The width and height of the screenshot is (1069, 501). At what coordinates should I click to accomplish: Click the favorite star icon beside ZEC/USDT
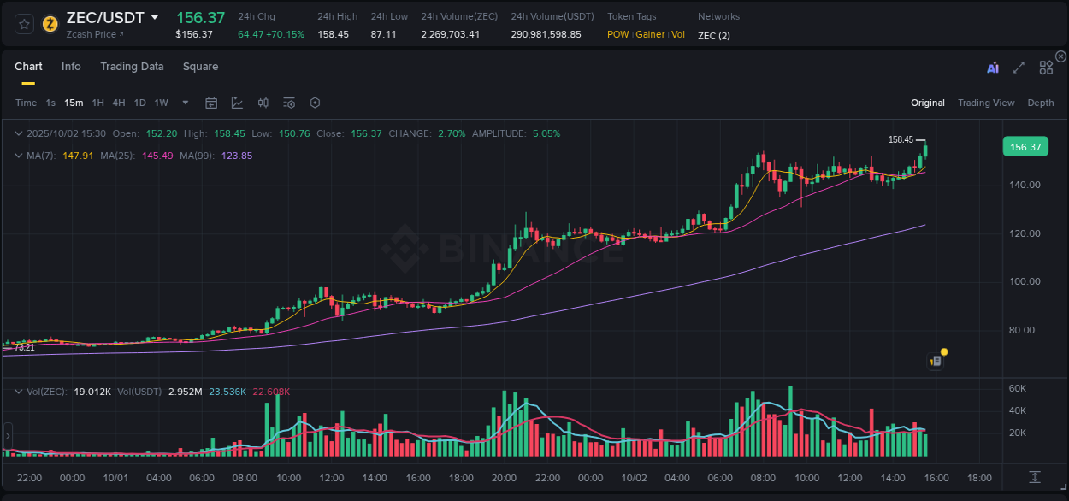tap(24, 24)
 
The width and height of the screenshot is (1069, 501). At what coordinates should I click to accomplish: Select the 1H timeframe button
tap(98, 103)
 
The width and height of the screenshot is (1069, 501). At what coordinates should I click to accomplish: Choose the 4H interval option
tap(119, 103)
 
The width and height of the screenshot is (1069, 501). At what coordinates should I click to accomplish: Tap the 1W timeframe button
tap(161, 103)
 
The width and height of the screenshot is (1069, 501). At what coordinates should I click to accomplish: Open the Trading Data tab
tap(132, 67)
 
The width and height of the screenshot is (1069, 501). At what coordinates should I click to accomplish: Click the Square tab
tap(200, 67)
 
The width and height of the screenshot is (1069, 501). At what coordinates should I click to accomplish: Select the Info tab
tap(71, 67)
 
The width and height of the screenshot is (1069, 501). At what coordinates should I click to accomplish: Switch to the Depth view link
tap(1040, 103)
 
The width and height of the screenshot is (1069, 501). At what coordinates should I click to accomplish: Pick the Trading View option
tap(985, 103)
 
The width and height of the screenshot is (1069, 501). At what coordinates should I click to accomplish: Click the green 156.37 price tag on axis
tap(1025, 147)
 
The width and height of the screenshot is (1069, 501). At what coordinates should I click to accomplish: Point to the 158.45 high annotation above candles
tap(901, 139)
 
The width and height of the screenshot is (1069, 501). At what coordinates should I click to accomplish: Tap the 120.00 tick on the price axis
tap(1025, 233)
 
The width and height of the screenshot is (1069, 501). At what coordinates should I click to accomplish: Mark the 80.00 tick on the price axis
tap(1025, 330)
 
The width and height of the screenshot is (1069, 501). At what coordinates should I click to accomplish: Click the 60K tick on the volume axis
tap(1018, 388)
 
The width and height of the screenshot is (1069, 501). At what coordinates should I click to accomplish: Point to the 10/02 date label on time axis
tap(633, 478)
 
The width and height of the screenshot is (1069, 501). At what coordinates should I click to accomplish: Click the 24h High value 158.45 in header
tap(333, 34)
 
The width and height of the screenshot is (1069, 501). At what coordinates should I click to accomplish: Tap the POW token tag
tap(617, 34)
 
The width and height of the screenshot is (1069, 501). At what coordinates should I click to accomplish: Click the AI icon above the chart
tap(992, 68)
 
